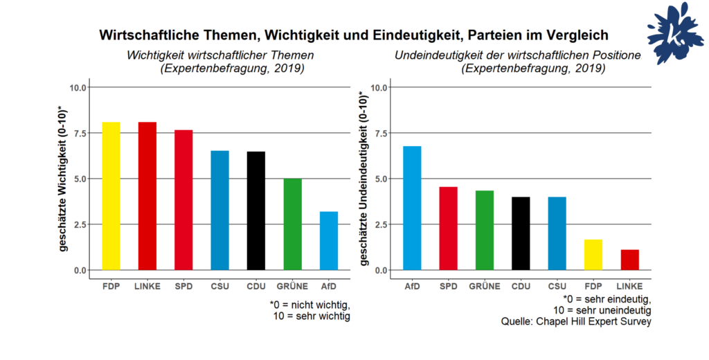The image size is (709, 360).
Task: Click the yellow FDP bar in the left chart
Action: click(111, 196)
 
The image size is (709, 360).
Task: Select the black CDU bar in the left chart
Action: click(255, 210)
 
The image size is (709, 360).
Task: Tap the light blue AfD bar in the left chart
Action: click(328, 240)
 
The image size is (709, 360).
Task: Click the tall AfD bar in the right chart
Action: click(411, 208)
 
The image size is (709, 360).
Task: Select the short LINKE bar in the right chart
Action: click(629, 260)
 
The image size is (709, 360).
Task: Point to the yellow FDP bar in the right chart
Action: click(593, 254)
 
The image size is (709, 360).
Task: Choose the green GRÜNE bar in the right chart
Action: click(484, 230)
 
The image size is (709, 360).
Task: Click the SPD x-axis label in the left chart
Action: click(183, 286)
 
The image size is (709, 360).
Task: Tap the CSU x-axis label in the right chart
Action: click(557, 286)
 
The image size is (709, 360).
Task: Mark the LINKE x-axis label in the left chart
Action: click(147, 286)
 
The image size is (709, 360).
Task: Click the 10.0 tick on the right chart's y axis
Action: click(378, 88)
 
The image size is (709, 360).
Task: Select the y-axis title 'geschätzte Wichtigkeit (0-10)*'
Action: click(64, 179)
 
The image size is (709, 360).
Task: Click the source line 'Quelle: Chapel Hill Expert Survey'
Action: click(576, 322)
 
